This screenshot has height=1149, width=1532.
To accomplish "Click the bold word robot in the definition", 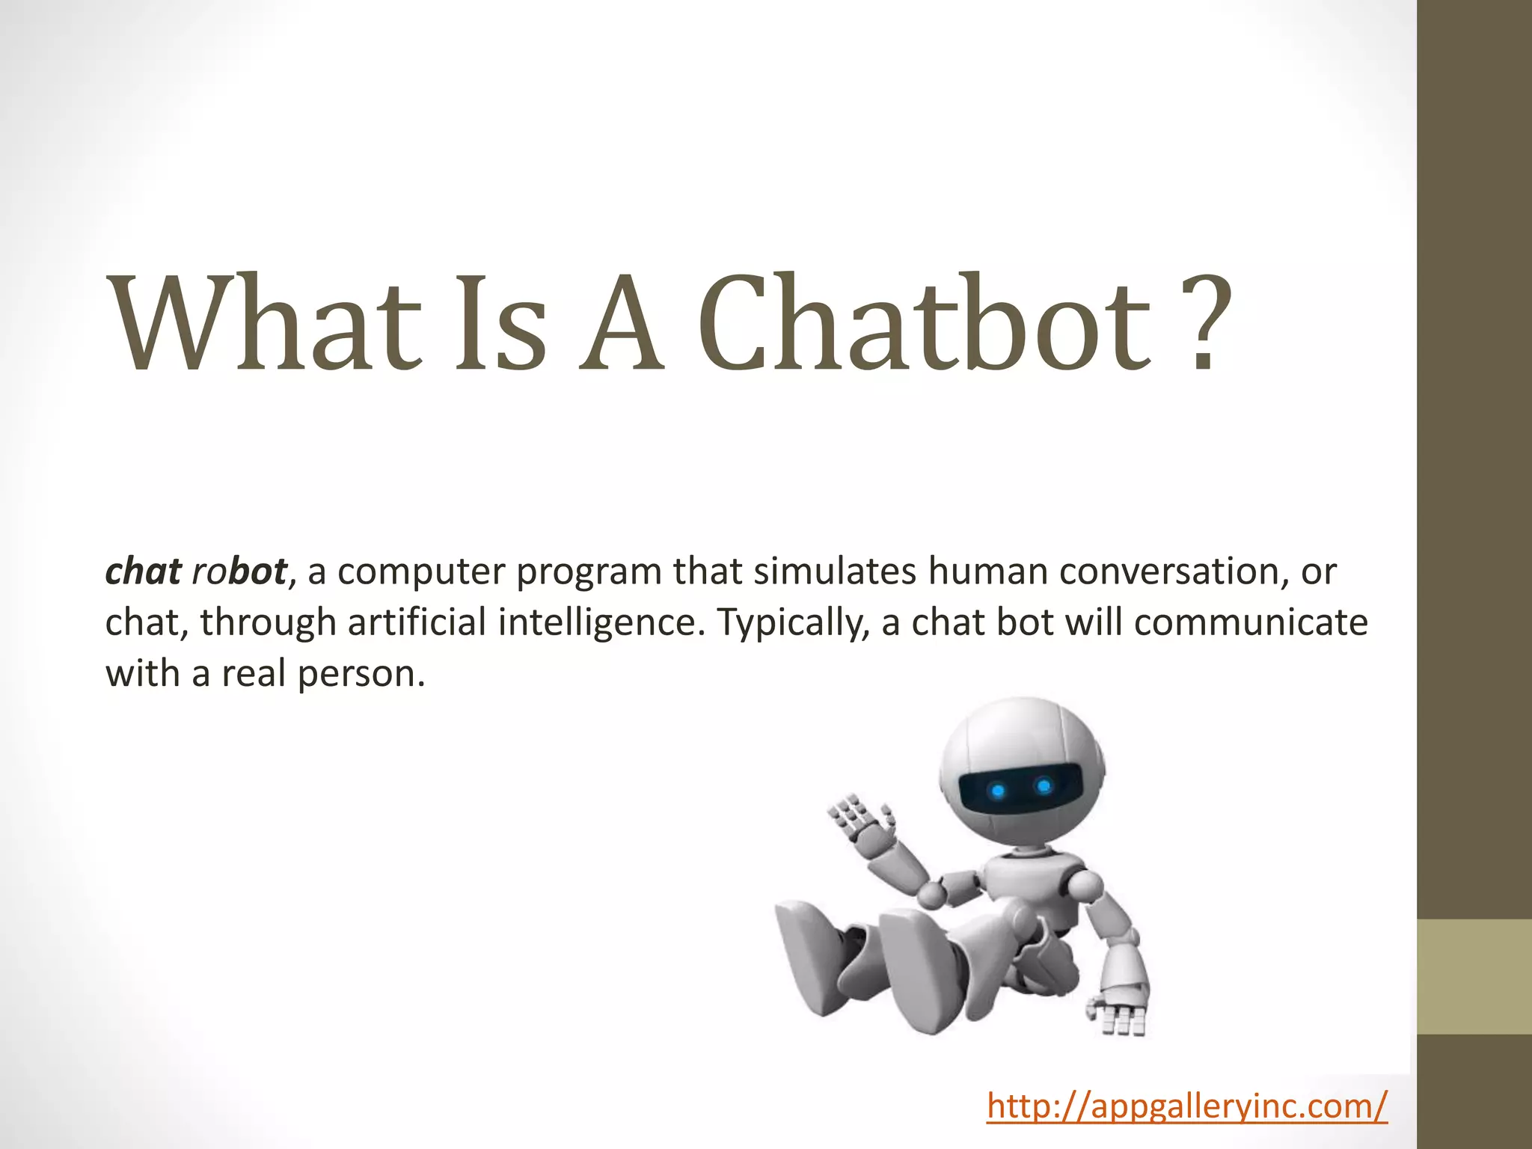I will point(239,571).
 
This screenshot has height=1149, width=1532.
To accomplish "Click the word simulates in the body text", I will point(834,571).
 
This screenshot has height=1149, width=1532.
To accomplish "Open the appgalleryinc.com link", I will point(1187,1106).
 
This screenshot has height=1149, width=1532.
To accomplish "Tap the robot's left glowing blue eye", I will point(997,791).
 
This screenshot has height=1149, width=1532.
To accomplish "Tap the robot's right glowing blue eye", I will point(1044,785).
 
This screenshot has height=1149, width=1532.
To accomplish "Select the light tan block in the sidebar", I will point(1474,976).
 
